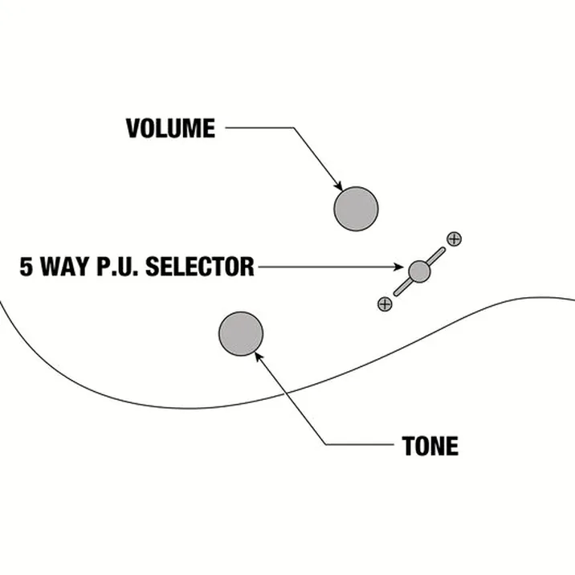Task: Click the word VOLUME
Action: pos(170,128)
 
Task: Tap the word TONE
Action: pos(430,446)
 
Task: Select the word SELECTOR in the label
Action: pos(200,267)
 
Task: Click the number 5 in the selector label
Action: pos(26,267)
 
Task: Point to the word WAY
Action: pos(64,267)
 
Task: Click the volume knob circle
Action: pos(356,209)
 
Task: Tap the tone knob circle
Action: pos(241,334)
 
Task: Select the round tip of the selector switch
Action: pos(419,271)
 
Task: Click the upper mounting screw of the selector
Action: pos(454,239)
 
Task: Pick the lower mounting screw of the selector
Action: pos(385,304)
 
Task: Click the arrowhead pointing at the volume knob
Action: pos(339,186)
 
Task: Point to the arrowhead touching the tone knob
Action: pos(259,356)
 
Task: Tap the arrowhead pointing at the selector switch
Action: pos(398,267)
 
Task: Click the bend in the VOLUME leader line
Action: pos(293,128)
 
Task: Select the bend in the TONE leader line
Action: pos(326,445)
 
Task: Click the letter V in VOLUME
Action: pos(133,128)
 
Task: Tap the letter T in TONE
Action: pos(409,446)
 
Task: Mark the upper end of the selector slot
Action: pos(443,250)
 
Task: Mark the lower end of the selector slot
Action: pos(396,293)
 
